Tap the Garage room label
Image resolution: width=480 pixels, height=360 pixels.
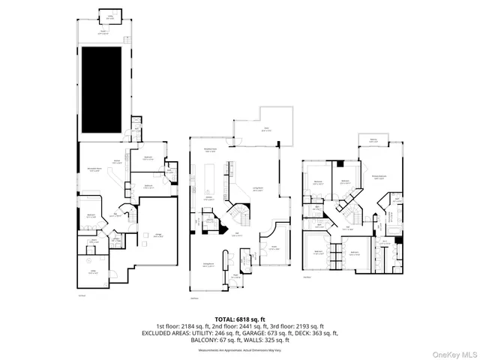coord(159,235)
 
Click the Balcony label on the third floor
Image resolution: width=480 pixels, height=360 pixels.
coord(373,139)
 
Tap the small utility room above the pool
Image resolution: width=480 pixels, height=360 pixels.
coord(110,16)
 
